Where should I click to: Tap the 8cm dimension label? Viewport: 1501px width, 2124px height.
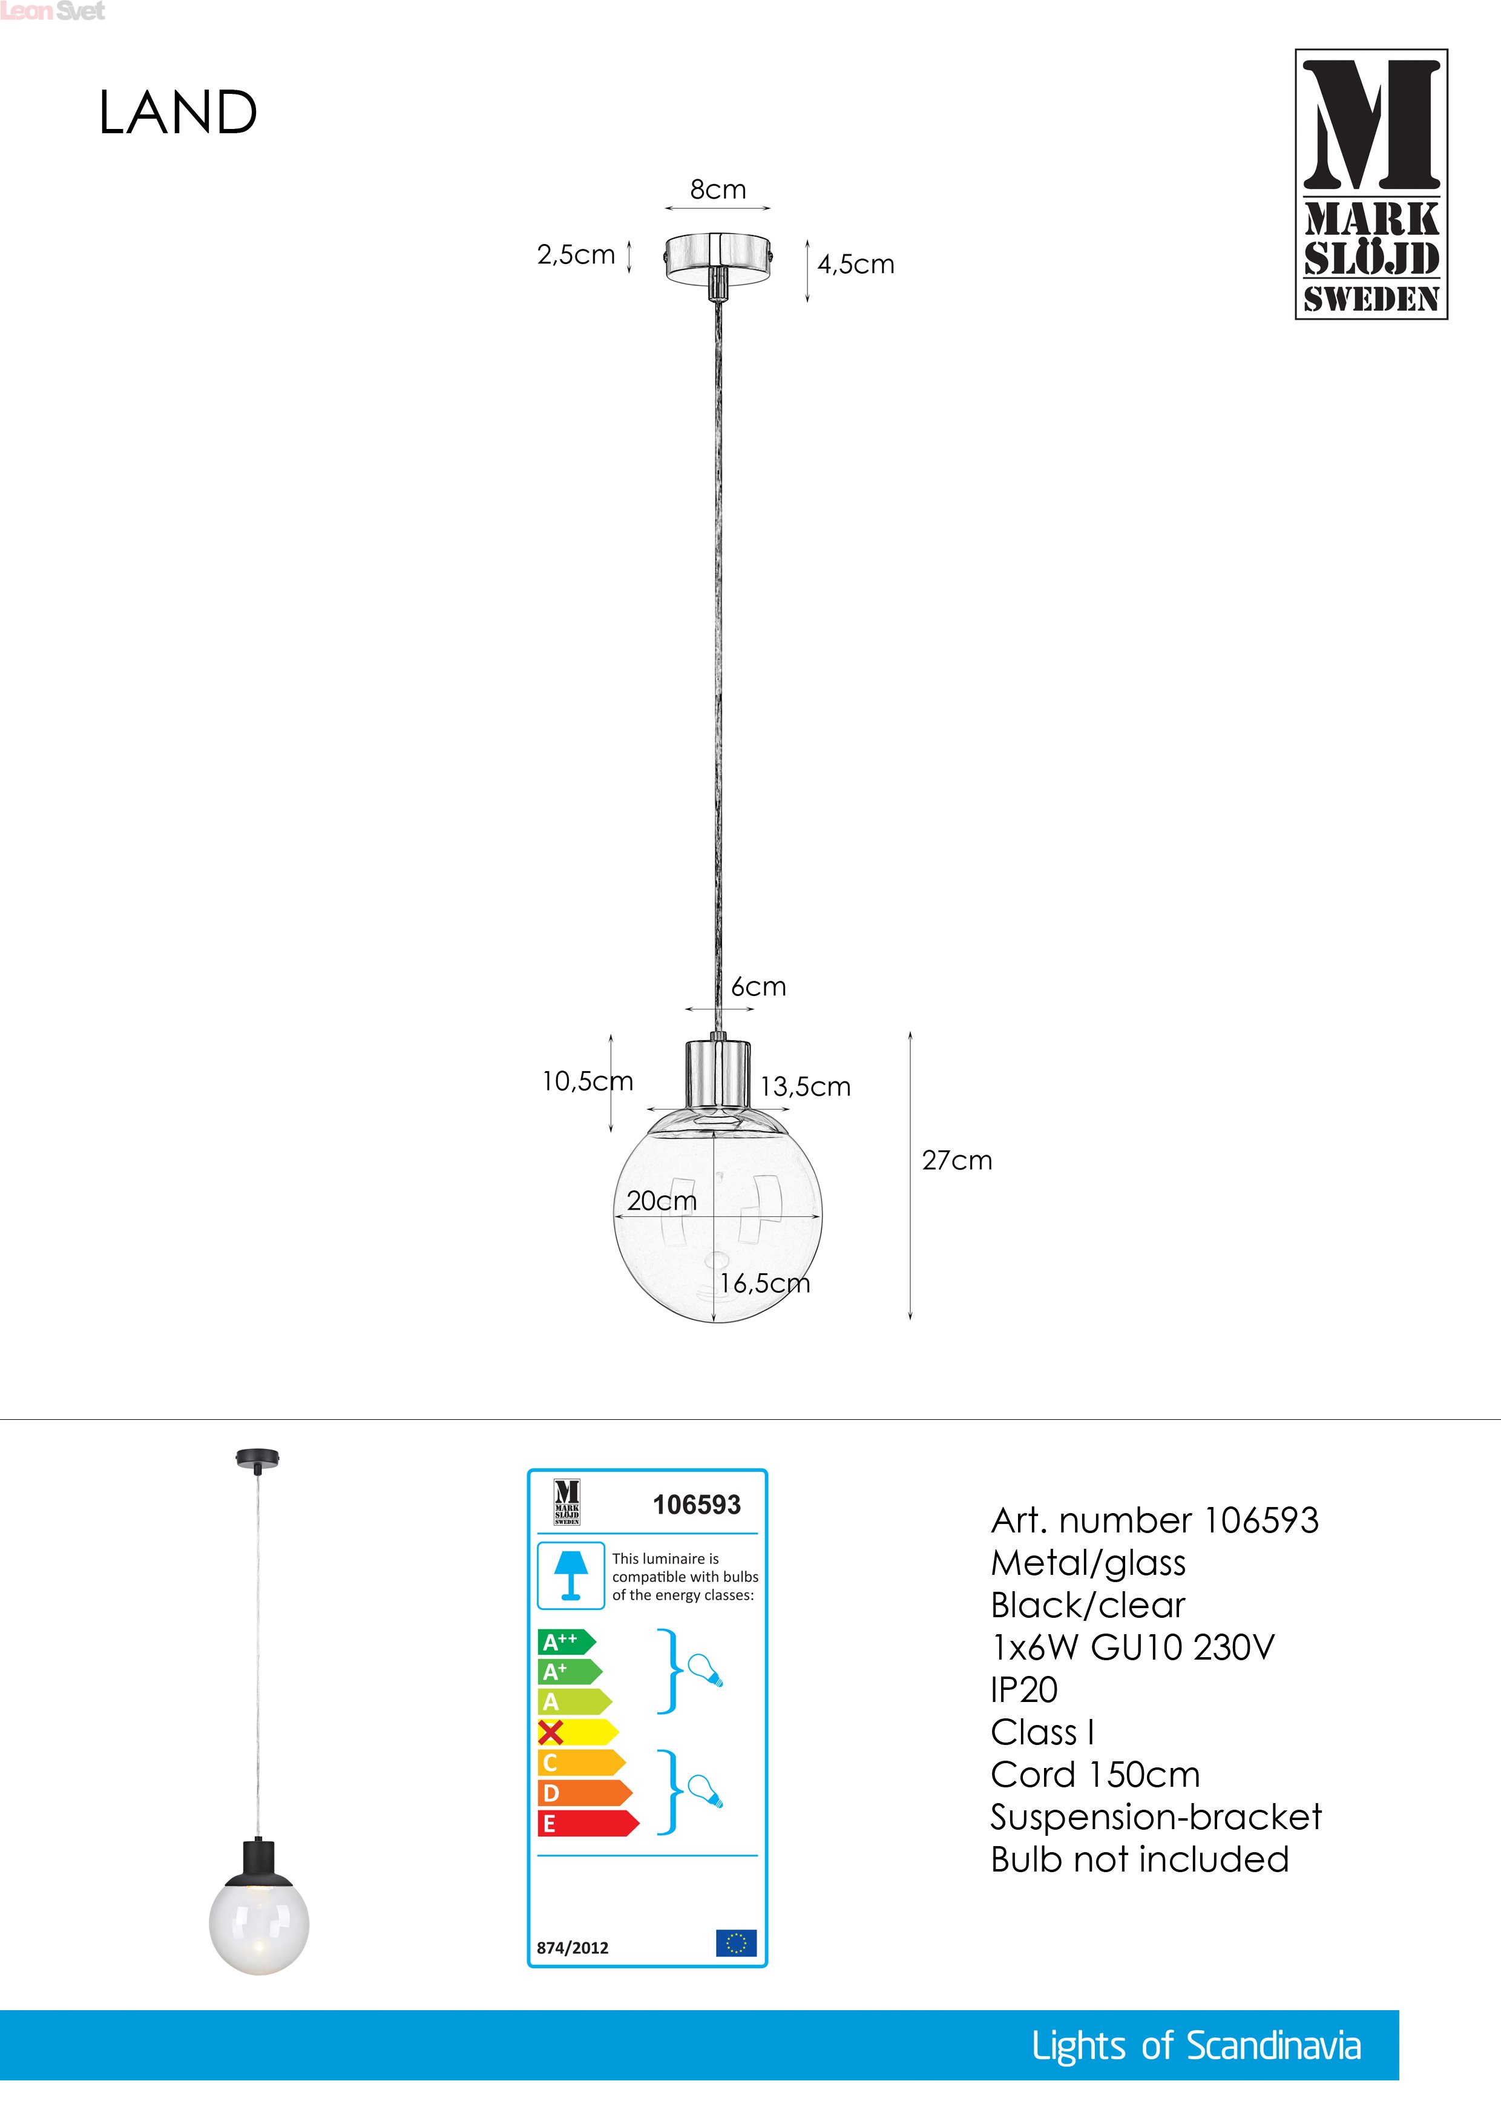[718, 190]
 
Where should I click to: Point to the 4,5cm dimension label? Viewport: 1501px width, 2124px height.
[855, 265]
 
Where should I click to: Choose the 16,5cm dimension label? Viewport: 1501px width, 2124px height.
[765, 1283]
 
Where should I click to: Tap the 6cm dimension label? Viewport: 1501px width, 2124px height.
[758, 987]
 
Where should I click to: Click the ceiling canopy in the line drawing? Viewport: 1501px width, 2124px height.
[718, 254]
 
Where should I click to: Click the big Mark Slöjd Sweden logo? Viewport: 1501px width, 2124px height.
[1371, 184]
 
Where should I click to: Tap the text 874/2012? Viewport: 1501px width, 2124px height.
[573, 1947]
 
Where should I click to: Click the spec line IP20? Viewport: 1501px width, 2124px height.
[1024, 1689]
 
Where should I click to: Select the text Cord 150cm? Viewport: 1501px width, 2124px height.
[1095, 1774]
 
